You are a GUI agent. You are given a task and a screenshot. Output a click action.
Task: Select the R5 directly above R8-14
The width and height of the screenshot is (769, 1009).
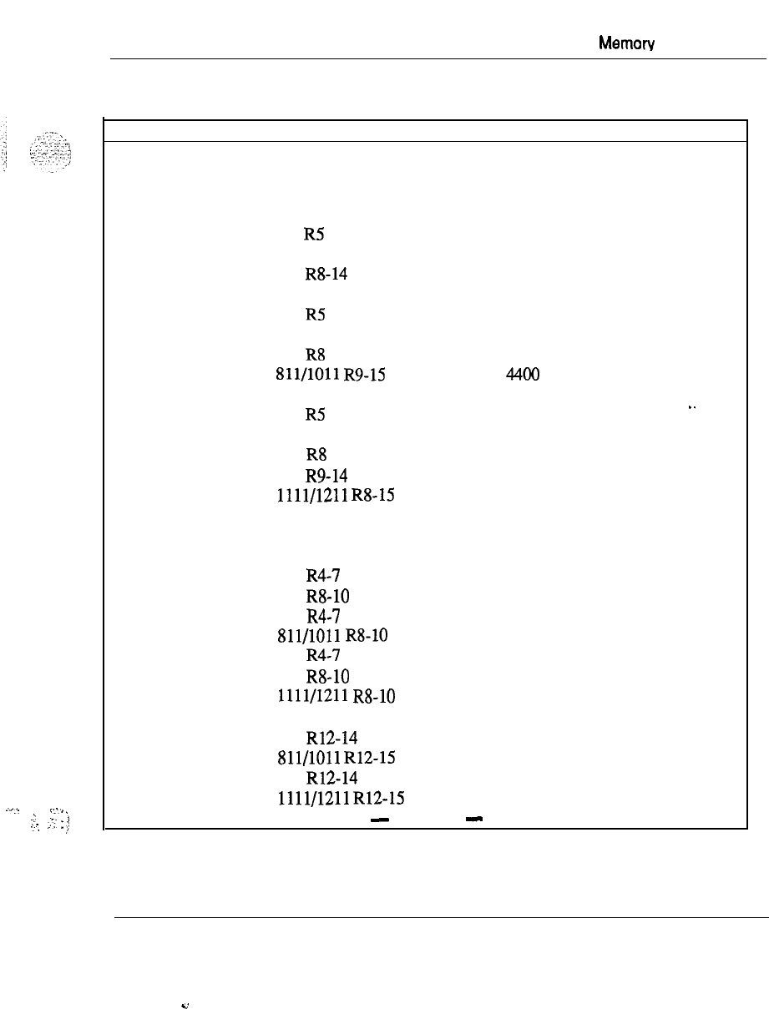(314, 235)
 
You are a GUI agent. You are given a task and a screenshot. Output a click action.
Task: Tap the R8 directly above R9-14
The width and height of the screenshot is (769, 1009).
(315, 455)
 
